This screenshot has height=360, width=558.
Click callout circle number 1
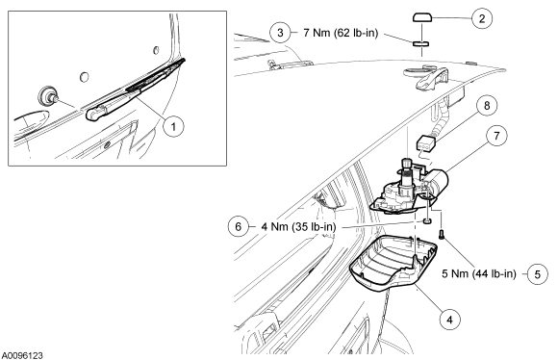(174, 126)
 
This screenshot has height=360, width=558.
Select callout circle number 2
(482, 18)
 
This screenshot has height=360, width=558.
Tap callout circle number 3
(280, 33)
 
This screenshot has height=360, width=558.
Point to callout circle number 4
(450, 320)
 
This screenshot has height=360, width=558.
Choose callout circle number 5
(538, 274)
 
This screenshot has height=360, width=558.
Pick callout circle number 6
(239, 226)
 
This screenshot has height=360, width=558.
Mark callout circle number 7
(496, 136)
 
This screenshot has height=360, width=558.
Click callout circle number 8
(487, 105)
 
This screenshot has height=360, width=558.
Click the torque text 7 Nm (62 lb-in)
(341, 33)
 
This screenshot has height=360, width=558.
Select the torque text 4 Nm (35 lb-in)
(298, 226)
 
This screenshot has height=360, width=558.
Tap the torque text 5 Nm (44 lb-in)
(479, 273)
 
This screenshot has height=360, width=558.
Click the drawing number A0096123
(22, 355)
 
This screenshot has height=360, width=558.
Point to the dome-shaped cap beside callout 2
(422, 17)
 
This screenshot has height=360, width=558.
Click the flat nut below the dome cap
(421, 44)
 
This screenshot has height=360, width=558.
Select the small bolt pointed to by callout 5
(442, 235)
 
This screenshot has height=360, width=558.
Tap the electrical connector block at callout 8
(426, 143)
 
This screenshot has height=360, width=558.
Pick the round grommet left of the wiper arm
(46, 96)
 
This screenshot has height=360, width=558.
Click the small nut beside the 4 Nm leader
(427, 221)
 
